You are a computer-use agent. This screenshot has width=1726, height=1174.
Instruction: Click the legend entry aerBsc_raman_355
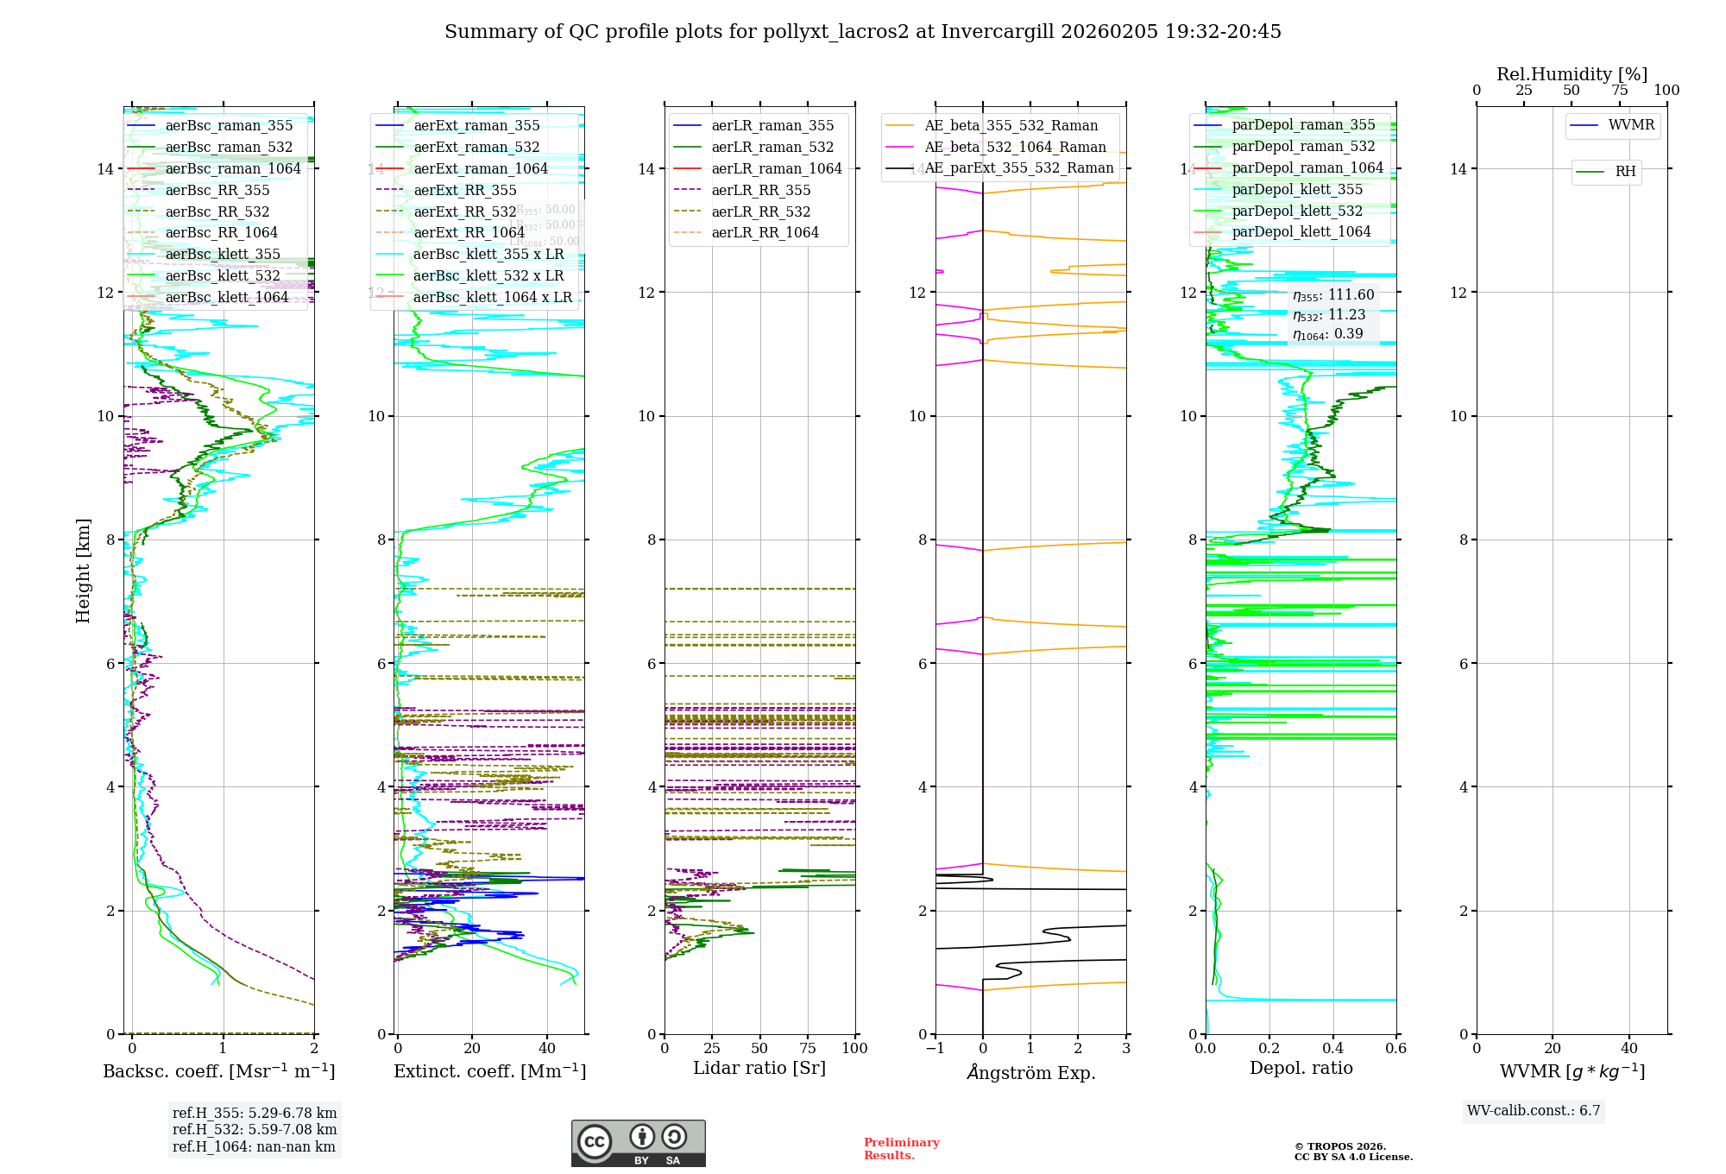pyautogui.click(x=229, y=126)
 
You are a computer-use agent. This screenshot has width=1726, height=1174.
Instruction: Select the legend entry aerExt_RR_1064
pyautogui.click(x=469, y=232)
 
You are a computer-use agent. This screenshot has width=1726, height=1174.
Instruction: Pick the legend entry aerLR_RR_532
pyautogui.click(x=760, y=211)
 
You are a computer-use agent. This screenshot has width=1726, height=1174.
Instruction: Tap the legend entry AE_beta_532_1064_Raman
pyautogui.click(x=1015, y=147)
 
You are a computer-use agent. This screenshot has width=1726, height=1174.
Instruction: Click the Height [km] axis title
pyautogui.click(x=83, y=571)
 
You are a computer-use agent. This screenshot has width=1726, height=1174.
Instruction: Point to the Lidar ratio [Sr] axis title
pyautogui.click(x=759, y=1068)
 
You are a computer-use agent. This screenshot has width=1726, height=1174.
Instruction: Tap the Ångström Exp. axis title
pyautogui.click(x=1030, y=1072)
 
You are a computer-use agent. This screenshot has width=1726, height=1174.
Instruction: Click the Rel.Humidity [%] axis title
pyautogui.click(x=1572, y=74)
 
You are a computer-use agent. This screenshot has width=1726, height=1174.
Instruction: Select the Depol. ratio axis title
pyautogui.click(x=1301, y=1068)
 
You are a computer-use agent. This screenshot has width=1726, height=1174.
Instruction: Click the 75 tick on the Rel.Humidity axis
pyautogui.click(x=1619, y=91)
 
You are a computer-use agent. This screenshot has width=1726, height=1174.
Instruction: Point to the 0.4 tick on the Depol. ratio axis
pyautogui.click(x=1332, y=1048)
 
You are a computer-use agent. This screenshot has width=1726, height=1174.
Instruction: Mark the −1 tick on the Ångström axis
pyautogui.click(x=935, y=1048)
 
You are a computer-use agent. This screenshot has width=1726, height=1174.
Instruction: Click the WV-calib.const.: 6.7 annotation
pyautogui.click(x=1534, y=1110)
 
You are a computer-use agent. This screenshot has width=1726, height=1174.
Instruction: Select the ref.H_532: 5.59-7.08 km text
pyautogui.click(x=255, y=1129)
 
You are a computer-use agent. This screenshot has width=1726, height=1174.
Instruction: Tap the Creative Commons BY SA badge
pyautogui.click(x=638, y=1143)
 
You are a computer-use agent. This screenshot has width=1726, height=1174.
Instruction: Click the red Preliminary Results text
pyautogui.click(x=901, y=1148)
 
